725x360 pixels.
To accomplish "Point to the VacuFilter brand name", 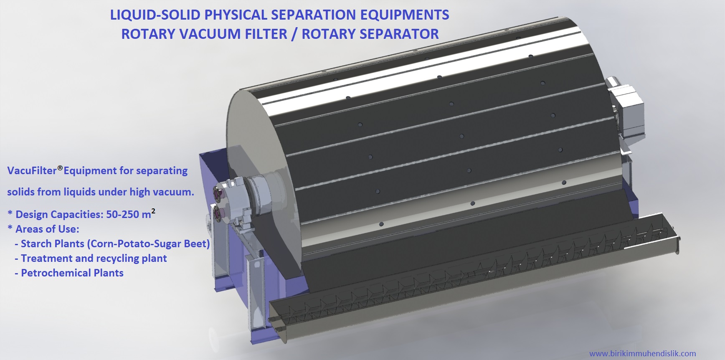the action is pos(32,171).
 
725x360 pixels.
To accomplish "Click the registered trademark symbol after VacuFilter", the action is pos(60,168).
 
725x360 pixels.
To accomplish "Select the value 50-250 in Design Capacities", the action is pos(122,215).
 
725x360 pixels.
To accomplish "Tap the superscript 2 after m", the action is pos(153,211).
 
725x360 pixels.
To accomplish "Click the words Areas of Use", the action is pos(47,229).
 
